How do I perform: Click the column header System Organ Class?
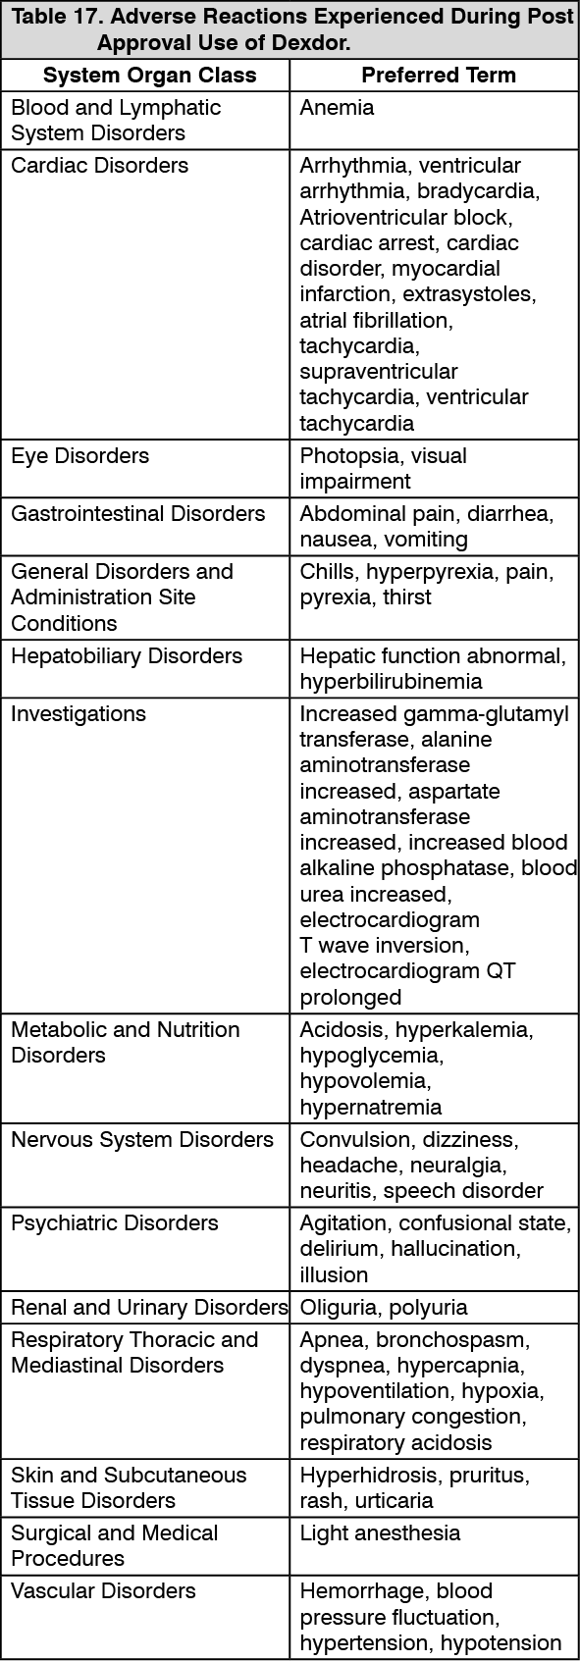pyautogui.click(x=149, y=76)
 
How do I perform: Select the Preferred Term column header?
pyautogui.click(x=438, y=76)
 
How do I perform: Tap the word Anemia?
pyautogui.click(x=337, y=108)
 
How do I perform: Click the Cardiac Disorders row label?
pyautogui.click(x=99, y=166)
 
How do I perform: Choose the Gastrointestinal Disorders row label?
pyautogui.click(x=137, y=514)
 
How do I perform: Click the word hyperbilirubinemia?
pyautogui.click(x=391, y=681)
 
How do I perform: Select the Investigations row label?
pyautogui.click(x=78, y=714)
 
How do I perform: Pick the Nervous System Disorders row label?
pyautogui.click(x=141, y=1140)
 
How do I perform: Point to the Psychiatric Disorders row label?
pyautogui.click(x=114, y=1223)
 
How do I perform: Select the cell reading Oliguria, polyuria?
pyautogui.click(x=383, y=1308)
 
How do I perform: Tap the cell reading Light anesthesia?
pyautogui.click(x=379, y=1533)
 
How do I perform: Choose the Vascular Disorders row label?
pyautogui.click(x=103, y=1591)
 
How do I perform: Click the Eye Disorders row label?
pyautogui.click(x=79, y=456)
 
